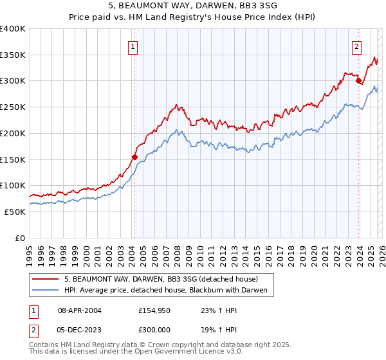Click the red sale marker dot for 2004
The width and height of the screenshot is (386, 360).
(134, 156)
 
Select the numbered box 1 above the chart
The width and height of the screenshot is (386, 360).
(133, 46)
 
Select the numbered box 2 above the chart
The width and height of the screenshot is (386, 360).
(356, 46)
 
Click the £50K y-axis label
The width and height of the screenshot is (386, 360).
(14, 212)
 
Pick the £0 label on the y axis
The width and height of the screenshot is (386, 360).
(20, 238)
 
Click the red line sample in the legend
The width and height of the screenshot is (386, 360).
(46, 280)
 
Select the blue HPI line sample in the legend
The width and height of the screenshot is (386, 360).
(46, 291)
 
